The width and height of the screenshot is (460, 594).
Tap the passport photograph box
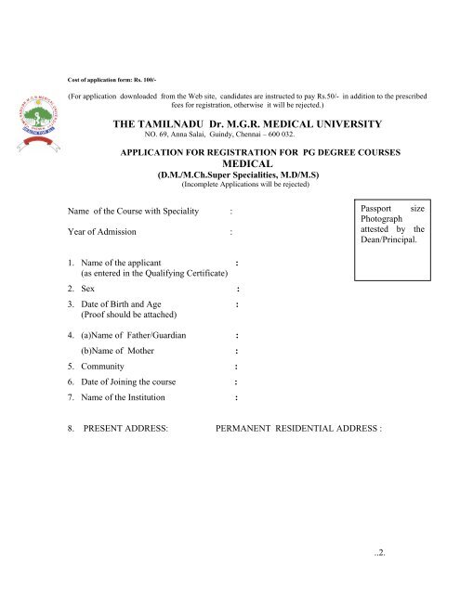pyautogui.click(x=391, y=238)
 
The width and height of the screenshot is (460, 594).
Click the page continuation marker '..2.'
pyautogui.click(x=378, y=559)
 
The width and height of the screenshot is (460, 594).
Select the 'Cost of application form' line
pyautogui.click(x=112, y=81)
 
